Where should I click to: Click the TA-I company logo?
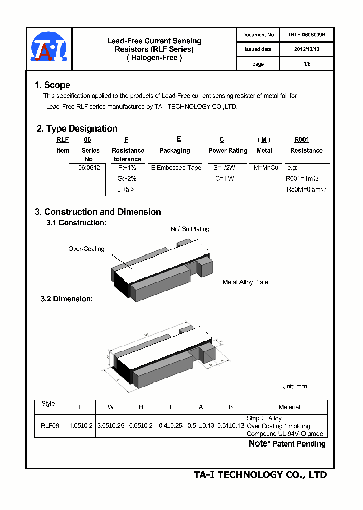tap(48, 49)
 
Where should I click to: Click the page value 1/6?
tap(307, 64)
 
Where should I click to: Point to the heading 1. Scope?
tap(52, 85)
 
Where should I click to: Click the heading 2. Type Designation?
tap(77, 129)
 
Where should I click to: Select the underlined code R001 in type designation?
tap(301, 140)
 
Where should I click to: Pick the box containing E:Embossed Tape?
tap(175, 179)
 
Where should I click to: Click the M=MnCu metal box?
tap(265, 179)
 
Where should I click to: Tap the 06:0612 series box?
tap(87, 179)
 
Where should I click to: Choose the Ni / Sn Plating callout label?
tap(190, 229)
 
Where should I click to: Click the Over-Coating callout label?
tap(86, 249)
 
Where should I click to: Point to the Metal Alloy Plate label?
tap(246, 282)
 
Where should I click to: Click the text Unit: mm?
tap(294, 386)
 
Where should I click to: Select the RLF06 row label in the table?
tap(50, 426)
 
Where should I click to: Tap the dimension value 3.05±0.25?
tap(110, 426)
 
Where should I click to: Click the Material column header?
tap(289, 407)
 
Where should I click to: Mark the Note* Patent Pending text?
tap(287, 444)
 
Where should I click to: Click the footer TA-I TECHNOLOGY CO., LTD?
tap(260, 475)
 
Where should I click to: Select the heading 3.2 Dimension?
tap(67, 299)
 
